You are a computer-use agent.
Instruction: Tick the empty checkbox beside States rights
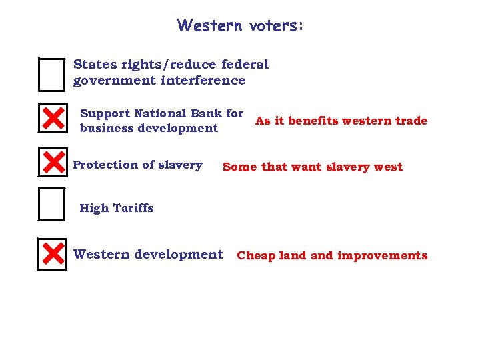[x=52, y=75]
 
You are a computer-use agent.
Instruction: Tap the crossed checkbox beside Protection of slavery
[x=52, y=162]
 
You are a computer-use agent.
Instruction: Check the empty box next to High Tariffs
[x=52, y=205]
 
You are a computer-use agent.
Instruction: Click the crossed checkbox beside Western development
[x=52, y=254]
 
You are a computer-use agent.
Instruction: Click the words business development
[x=149, y=128]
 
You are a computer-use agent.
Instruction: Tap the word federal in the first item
[x=244, y=65]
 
